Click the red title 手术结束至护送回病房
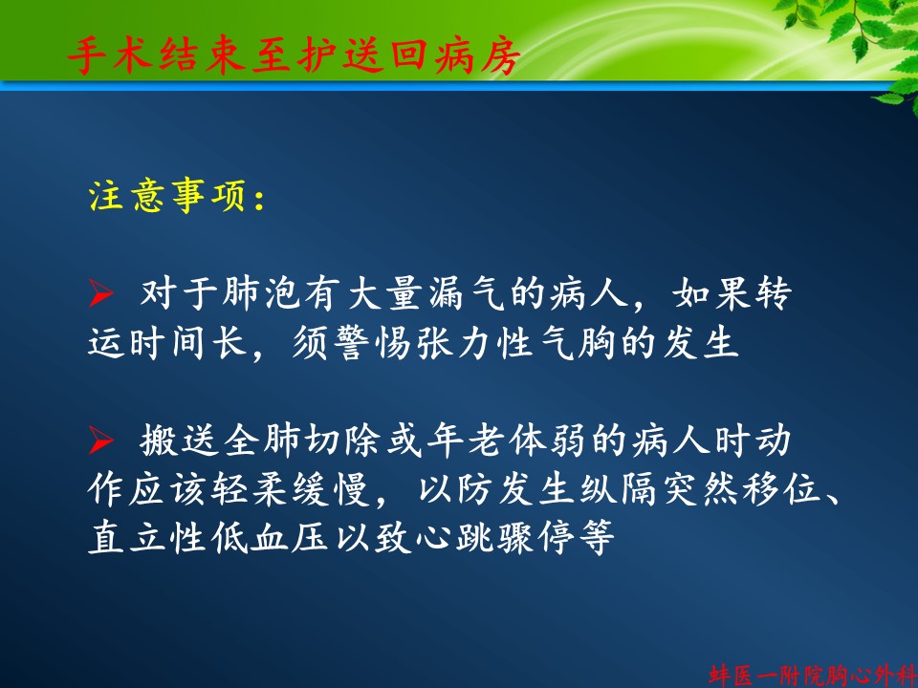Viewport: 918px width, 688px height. point(294,56)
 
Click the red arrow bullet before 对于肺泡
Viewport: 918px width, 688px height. point(100,293)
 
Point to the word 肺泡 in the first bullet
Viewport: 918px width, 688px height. point(261,293)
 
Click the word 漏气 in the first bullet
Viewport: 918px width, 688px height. point(466,293)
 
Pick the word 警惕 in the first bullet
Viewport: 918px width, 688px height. point(372,343)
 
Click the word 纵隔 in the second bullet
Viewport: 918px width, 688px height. point(619,490)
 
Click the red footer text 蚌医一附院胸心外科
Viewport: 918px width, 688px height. point(813,676)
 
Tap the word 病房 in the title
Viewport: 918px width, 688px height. point(477,56)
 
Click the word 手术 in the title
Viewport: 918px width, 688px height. point(110,56)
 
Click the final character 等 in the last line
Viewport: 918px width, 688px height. point(596,538)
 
